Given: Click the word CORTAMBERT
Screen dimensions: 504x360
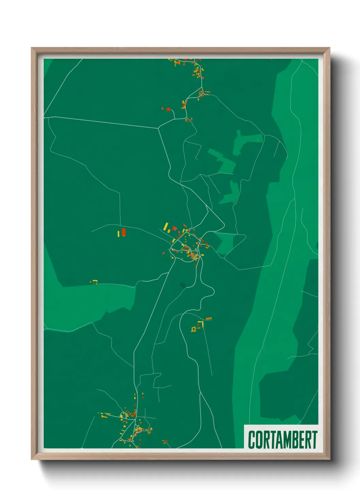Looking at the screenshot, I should click(282, 440).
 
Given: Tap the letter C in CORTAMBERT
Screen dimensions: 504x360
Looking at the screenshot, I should click(252, 440).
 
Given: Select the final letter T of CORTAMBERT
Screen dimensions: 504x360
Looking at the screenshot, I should click(314, 440).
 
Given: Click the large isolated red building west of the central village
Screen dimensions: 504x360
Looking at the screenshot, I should click(124, 232).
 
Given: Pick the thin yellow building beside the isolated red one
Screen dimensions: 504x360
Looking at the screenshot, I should click(118, 234).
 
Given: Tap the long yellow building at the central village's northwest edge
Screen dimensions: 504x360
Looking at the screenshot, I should click(166, 226).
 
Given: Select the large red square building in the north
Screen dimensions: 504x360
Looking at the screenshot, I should click(168, 109).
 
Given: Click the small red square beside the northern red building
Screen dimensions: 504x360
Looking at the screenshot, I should click(163, 109).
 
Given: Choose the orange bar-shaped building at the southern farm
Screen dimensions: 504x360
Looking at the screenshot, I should click(209, 319).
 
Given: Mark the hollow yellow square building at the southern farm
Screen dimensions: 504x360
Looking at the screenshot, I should click(194, 329).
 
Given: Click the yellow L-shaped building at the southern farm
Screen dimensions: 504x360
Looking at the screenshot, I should click(201, 324).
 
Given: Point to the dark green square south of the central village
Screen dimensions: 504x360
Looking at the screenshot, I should click(183, 285).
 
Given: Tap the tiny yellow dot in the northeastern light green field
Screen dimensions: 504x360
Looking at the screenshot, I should click(258, 140).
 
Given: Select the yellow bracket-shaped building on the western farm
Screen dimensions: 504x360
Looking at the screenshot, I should click(95, 281).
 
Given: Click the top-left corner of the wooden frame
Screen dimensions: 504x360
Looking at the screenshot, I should click(32, 48).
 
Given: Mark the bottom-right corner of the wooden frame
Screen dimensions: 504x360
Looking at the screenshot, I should click(329, 459).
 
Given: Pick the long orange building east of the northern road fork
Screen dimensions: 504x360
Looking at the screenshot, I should click(207, 92).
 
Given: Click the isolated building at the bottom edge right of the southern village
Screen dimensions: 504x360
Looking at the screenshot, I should click(165, 441).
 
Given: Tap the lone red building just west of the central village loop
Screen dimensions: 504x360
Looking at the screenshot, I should click(163, 253).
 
